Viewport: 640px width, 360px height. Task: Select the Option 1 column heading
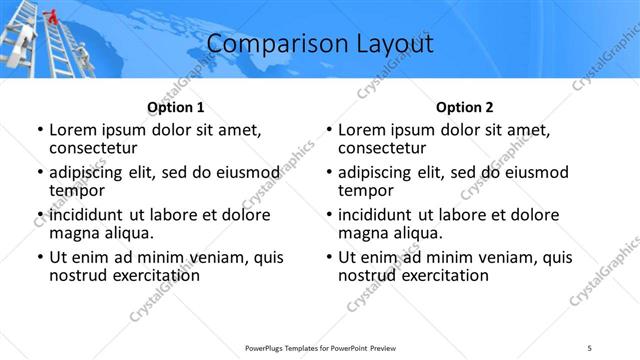pos(175,107)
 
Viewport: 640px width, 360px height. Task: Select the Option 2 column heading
pos(464,107)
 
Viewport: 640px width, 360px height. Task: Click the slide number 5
pos(590,348)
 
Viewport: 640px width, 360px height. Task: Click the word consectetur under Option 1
pos(91,147)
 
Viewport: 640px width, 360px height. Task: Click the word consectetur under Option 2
pos(380,147)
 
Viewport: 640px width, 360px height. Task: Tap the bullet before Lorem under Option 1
pos(39,130)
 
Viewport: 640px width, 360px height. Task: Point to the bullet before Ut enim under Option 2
pos(328,257)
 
